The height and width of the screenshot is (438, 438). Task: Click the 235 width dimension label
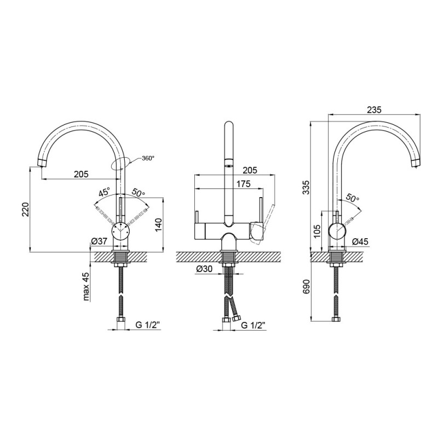pos(374,109)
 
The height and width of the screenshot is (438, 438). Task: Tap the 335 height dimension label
pos(307,187)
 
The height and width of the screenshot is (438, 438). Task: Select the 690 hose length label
pos(307,286)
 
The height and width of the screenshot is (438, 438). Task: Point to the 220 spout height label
pos(25,209)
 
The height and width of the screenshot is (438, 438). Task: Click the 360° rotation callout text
pos(148,158)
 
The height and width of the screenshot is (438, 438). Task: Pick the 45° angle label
pos(105,193)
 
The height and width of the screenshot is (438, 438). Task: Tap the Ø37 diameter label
pos(99,241)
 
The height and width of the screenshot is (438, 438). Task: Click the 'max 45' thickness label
pos(87,287)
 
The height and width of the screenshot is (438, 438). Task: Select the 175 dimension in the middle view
pos(244,184)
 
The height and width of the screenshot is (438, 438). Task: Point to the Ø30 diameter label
pos(204,269)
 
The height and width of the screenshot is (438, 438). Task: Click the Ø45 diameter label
pos(360,241)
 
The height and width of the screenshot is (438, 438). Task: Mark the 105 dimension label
pos(317,230)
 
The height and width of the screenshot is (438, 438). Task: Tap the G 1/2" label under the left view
pos(147,325)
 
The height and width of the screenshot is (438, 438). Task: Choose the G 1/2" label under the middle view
pos(253,325)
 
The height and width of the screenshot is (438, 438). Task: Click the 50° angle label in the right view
pos(352,198)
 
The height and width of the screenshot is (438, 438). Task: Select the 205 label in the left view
pos(81,174)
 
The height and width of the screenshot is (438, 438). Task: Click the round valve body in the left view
pos(120,231)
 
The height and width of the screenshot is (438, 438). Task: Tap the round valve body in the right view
pos(338,231)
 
